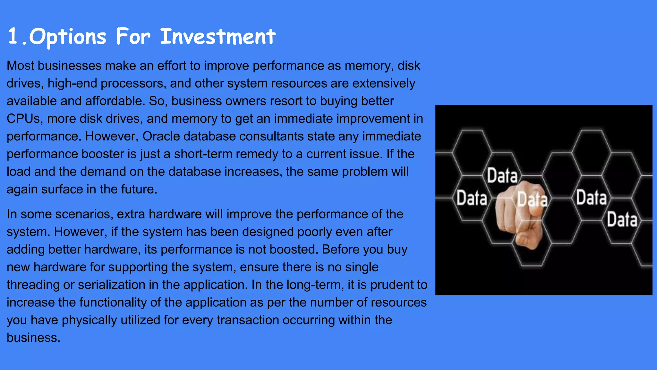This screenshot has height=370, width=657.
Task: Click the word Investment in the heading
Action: (x=218, y=36)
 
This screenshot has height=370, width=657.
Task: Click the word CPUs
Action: (x=23, y=119)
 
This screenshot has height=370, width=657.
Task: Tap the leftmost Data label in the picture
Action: (x=472, y=198)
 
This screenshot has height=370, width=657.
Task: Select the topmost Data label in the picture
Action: (x=502, y=176)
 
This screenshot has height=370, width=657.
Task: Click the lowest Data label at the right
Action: (x=622, y=220)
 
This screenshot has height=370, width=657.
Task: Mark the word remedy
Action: (x=257, y=154)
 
